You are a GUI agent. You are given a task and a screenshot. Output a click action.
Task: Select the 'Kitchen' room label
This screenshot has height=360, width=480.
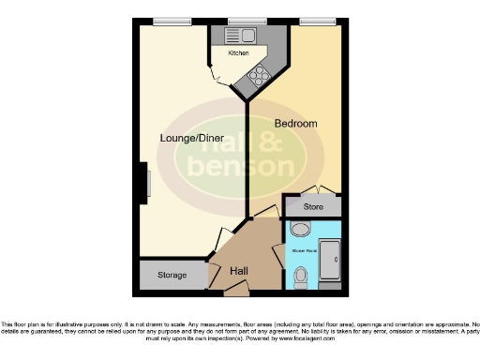click(x=237, y=54)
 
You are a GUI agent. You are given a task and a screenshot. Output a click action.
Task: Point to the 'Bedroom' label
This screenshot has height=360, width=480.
click(x=295, y=123)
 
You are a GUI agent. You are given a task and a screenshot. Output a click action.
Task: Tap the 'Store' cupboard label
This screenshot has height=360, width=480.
click(x=312, y=205)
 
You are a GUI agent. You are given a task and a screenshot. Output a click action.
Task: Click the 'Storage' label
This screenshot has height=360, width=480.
click(x=171, y=276)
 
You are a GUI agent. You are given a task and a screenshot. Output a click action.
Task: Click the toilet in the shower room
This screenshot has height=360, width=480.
click(x=301, y=276)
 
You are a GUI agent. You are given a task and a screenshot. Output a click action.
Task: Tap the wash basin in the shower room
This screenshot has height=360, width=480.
click(x=300, y=230)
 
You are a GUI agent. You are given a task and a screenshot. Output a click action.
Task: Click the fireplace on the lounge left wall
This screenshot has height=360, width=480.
click(x=145, y=180)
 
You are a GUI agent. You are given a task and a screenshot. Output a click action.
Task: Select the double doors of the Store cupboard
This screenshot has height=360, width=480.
click(x=312, y=189)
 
